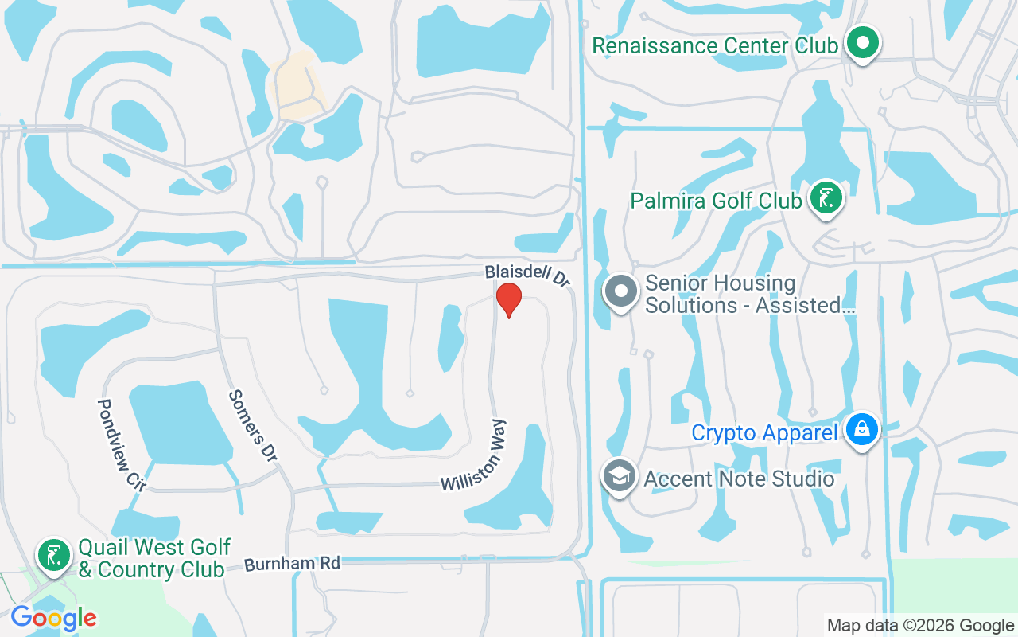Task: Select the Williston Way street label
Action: pyautogui.click(x=475, y=455)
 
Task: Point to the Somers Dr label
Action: pyautogui.click(x=253, y=425)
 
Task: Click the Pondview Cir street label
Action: pyautogui.click(x=116, y=444)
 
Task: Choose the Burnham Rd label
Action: pyautogui.click(x=292, y=564)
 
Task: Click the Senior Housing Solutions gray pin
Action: pyautogui.click(x=620, y=291)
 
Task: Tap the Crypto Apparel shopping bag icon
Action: pyautogui.click(x=861, y=430)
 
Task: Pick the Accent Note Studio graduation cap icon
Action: pyautogui.click(x=620, y=476)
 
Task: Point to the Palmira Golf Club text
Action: pyautogui.click(x=716, y=201)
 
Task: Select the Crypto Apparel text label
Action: pyautogui.click(x=764, y=433)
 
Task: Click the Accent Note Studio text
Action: pyautogui.click(x=739, y=479)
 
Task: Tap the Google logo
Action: pyautogui.click(x=53, y=618)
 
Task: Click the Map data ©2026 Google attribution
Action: pyautogui.click(x=920, y=626)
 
